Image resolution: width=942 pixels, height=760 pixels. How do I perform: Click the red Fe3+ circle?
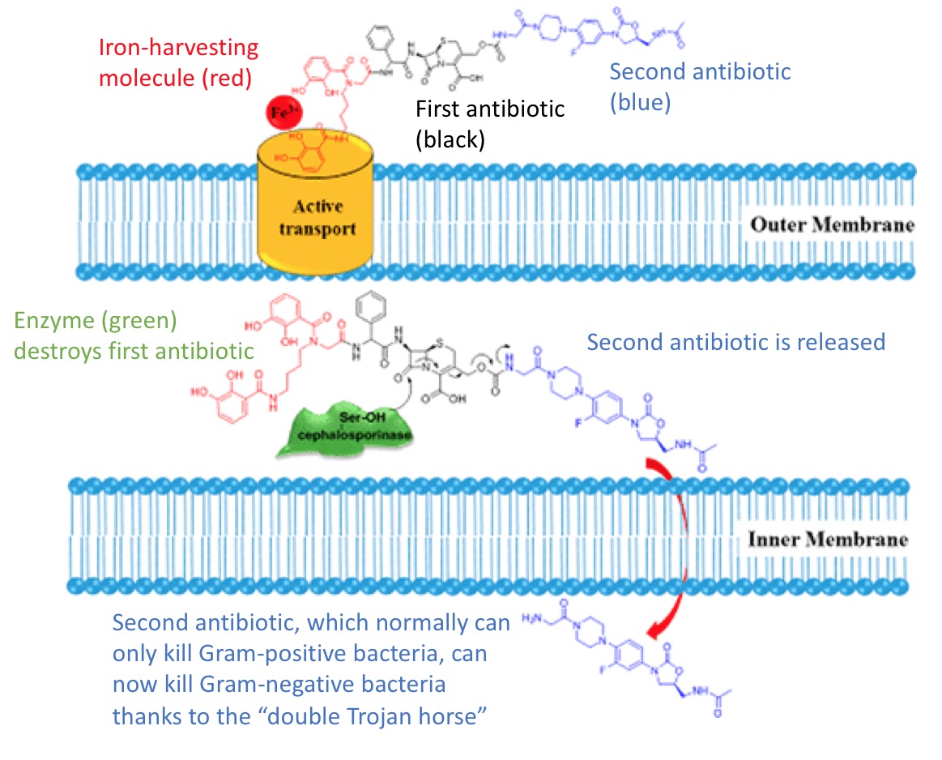(282, 112)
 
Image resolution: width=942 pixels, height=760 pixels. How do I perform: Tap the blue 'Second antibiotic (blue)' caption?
(699, 87)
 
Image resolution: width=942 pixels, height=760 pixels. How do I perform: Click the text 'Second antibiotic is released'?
(735, 341)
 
